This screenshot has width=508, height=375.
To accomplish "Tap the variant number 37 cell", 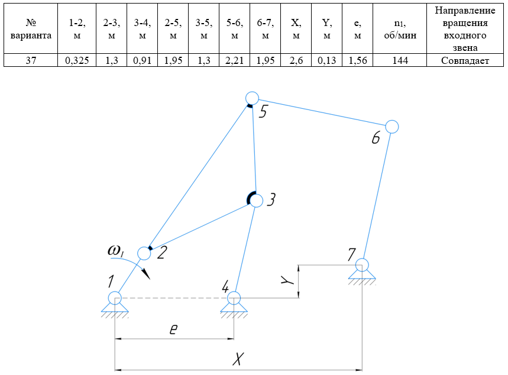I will pyautogui.click(x=31, y=60).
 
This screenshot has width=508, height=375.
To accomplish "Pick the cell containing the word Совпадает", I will pyautogui.click(x=465, y=60).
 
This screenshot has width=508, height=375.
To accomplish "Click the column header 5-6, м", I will pyautogui.click(x=234, y=28).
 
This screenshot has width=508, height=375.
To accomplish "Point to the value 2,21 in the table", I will pyautogui.click(x=234, y=60).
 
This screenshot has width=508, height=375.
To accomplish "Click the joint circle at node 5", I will pyautogui.click(x=253, y=98).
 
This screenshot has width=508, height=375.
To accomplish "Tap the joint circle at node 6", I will pyautogui.click(x=391, y=127).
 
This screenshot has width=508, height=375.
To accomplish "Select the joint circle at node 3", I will pyautogui.click(x=256, y=201).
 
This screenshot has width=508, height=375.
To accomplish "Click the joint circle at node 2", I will pyautogui.click(x=144, y=253).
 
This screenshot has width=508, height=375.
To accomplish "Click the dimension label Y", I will pyautogui.click(x=287, y=282).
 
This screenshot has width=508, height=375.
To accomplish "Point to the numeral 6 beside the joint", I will pyautogui.click(x=376, y=140).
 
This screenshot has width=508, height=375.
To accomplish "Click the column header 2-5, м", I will pyautogui.click(x=173, y=28).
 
